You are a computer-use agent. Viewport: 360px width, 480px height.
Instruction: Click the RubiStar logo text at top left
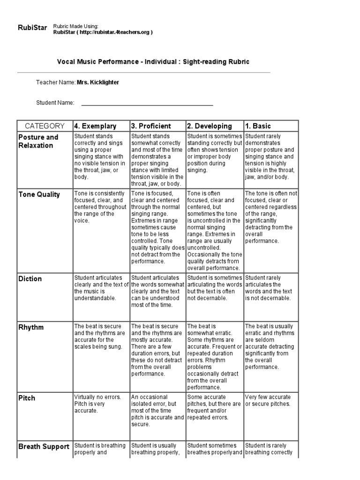pos(32,28)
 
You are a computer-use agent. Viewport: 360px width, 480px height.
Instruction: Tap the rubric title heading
pos(153,62)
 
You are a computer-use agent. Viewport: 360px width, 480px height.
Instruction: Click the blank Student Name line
pos(147,103)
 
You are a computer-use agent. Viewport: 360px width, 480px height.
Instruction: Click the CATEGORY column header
pos(45,126)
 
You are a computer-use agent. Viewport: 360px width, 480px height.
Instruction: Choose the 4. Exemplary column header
pos(95,126)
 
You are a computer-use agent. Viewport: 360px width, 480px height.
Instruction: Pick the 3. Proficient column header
pos(151,126)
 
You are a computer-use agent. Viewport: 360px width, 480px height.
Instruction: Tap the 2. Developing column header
pos(210,126)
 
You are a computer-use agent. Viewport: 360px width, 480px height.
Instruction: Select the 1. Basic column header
pos(258,126)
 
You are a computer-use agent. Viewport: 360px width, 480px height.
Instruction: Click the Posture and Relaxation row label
pos(38,141)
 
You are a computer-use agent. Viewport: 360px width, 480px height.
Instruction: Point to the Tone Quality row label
pos(39,195)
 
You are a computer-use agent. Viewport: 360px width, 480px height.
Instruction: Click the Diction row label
pos(30,279)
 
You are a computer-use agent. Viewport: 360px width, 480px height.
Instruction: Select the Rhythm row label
pos(31,327)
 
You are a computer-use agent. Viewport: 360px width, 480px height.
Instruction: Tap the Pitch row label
pos(27,398)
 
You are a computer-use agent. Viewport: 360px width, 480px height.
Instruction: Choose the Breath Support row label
pos(44,447)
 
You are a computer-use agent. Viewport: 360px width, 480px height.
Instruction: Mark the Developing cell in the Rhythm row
pos(214,356)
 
